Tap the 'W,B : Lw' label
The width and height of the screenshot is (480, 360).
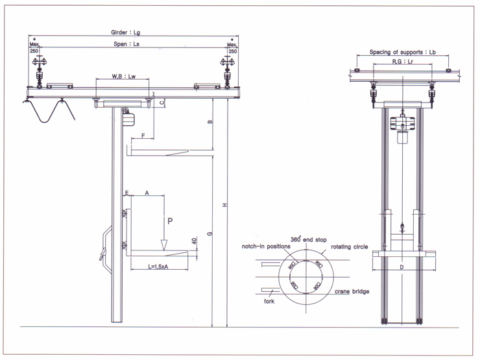[123, 77]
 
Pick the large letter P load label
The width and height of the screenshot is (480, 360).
[170, 221]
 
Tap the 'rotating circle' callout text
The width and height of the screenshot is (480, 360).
[350, 246]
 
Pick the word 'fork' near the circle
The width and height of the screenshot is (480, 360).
[269, 301]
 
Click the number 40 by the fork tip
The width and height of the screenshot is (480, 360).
[193, 241]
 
